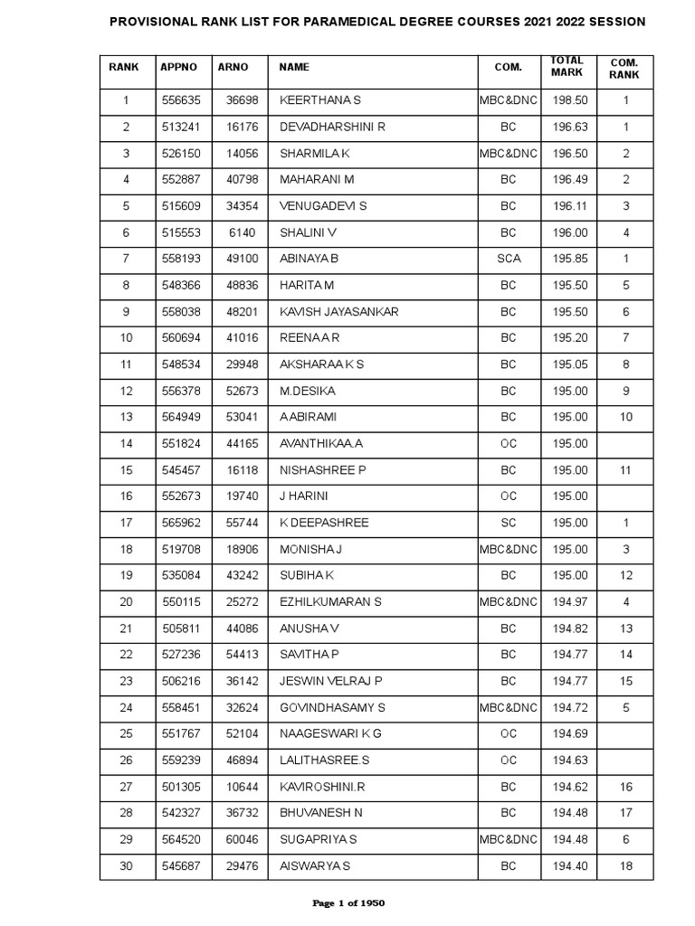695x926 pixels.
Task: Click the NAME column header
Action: [294, 67]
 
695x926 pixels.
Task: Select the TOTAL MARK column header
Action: [567, 67]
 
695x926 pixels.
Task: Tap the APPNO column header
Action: [178, 67]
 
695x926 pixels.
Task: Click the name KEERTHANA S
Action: [320, 100]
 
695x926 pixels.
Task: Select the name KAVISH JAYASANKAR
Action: [339, 312]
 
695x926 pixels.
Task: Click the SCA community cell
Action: [509, 259]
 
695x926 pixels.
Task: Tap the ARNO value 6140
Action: [243, 232]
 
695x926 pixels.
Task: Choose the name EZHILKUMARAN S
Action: [330, 602]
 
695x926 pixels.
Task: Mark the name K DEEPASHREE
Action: [324, 523]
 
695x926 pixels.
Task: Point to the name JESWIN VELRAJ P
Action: [331, 682]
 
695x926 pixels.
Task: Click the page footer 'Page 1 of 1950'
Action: [347, 903]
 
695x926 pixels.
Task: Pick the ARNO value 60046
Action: [243, 840]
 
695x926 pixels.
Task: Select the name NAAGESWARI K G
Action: [331, 734]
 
